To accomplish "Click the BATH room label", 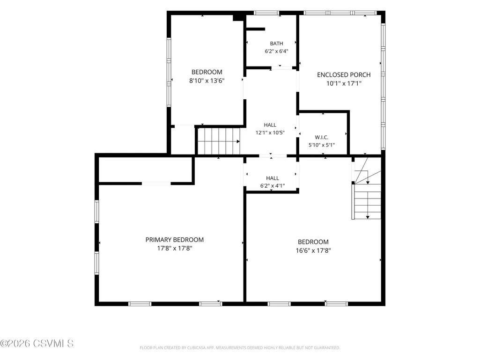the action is tap(276, 44).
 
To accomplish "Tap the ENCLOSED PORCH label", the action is tap(344, 75).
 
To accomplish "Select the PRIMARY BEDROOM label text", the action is tap(175, 240).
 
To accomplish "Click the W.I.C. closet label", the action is tap(321, 138).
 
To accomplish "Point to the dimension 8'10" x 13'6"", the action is tap(207, 81).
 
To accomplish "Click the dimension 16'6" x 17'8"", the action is tap(313, 250).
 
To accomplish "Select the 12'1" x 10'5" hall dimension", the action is tap(270, 132).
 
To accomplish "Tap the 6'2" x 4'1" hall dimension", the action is tap(273, 185).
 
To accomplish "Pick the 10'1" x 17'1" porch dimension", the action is tap(344, 83).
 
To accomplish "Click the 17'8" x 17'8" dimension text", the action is tap(175, 248).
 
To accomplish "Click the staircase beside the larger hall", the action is tap(219, 141).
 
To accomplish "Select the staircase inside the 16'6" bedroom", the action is tap(367, 194).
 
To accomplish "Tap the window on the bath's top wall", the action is tap(266, 13).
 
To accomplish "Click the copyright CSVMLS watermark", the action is tap(37, 344).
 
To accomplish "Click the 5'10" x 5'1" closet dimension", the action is tap(321, 145).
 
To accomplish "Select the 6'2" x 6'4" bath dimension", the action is tap(276, 51).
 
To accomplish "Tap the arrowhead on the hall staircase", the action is tap(238, 141).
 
